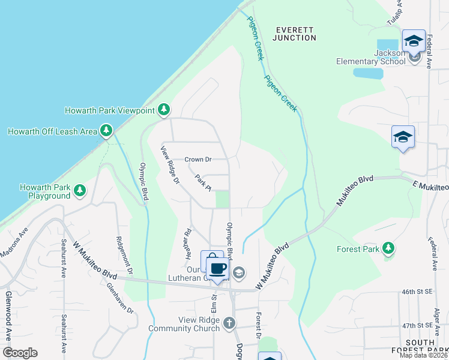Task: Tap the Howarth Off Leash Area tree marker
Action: (x=106, y=130)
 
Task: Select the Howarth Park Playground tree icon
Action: (x=80, y=191)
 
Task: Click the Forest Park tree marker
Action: (x=388, y=248)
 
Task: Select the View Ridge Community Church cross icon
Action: (x=229, y=324)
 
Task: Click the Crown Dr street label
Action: (x=198, y=160)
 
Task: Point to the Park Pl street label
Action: (x=203, y=181)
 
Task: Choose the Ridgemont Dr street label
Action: (x=119, y=253)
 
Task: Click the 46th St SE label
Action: (x=417, y=292)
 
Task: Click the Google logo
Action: (x=20, y=353)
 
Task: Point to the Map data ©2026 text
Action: (x=424, y=355)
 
